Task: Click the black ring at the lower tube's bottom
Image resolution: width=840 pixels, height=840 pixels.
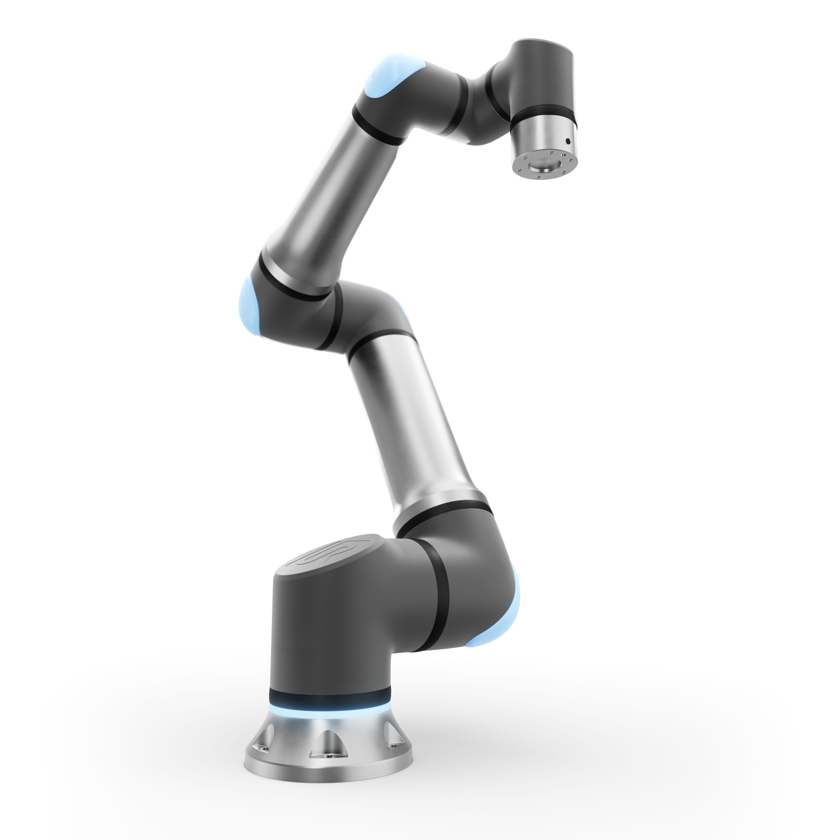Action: [x=444, y=517]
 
